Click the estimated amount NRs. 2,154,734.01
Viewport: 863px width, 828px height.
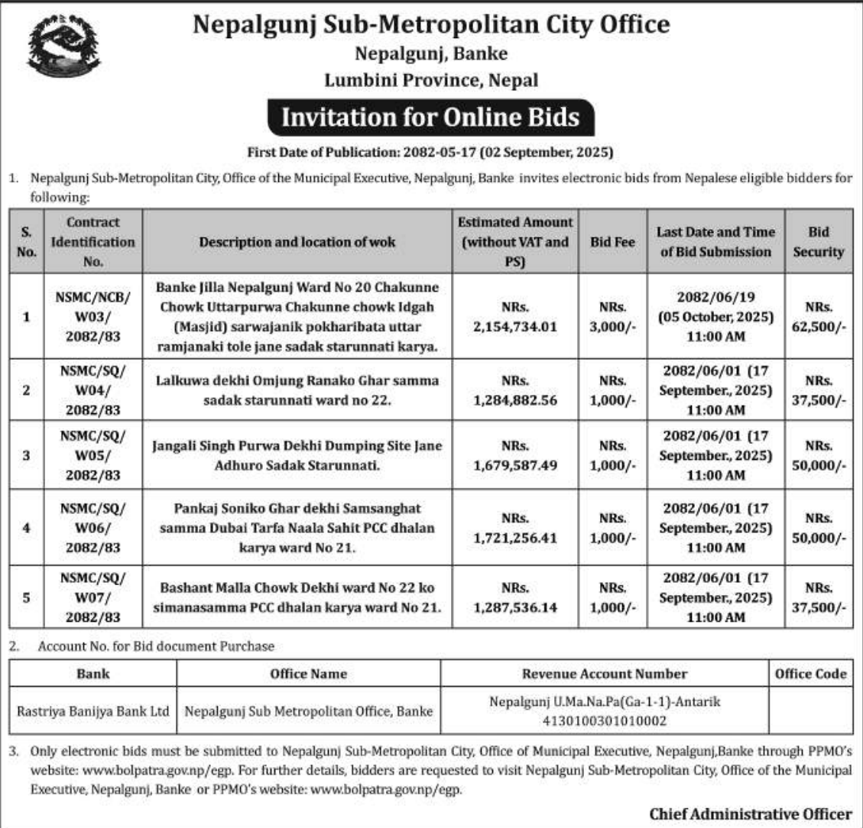point(514,317)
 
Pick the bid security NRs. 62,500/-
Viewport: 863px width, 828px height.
point(819,317)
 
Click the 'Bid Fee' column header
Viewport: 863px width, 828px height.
point(612,242)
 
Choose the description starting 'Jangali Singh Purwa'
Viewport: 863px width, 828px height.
point(299,454)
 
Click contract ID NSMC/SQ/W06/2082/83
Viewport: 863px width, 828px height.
point(92,528)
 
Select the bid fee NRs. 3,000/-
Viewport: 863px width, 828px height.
point(612,317)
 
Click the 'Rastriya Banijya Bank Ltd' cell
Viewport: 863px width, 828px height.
point(93,711)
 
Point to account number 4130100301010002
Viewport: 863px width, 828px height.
point(604,720)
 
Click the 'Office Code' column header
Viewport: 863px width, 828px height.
point(810,674)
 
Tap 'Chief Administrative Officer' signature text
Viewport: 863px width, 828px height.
point(751,813)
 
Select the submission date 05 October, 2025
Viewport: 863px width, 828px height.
point(715,317)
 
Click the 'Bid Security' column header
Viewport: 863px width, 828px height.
point(819,242)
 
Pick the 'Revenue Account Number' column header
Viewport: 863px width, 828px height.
point(604,674)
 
